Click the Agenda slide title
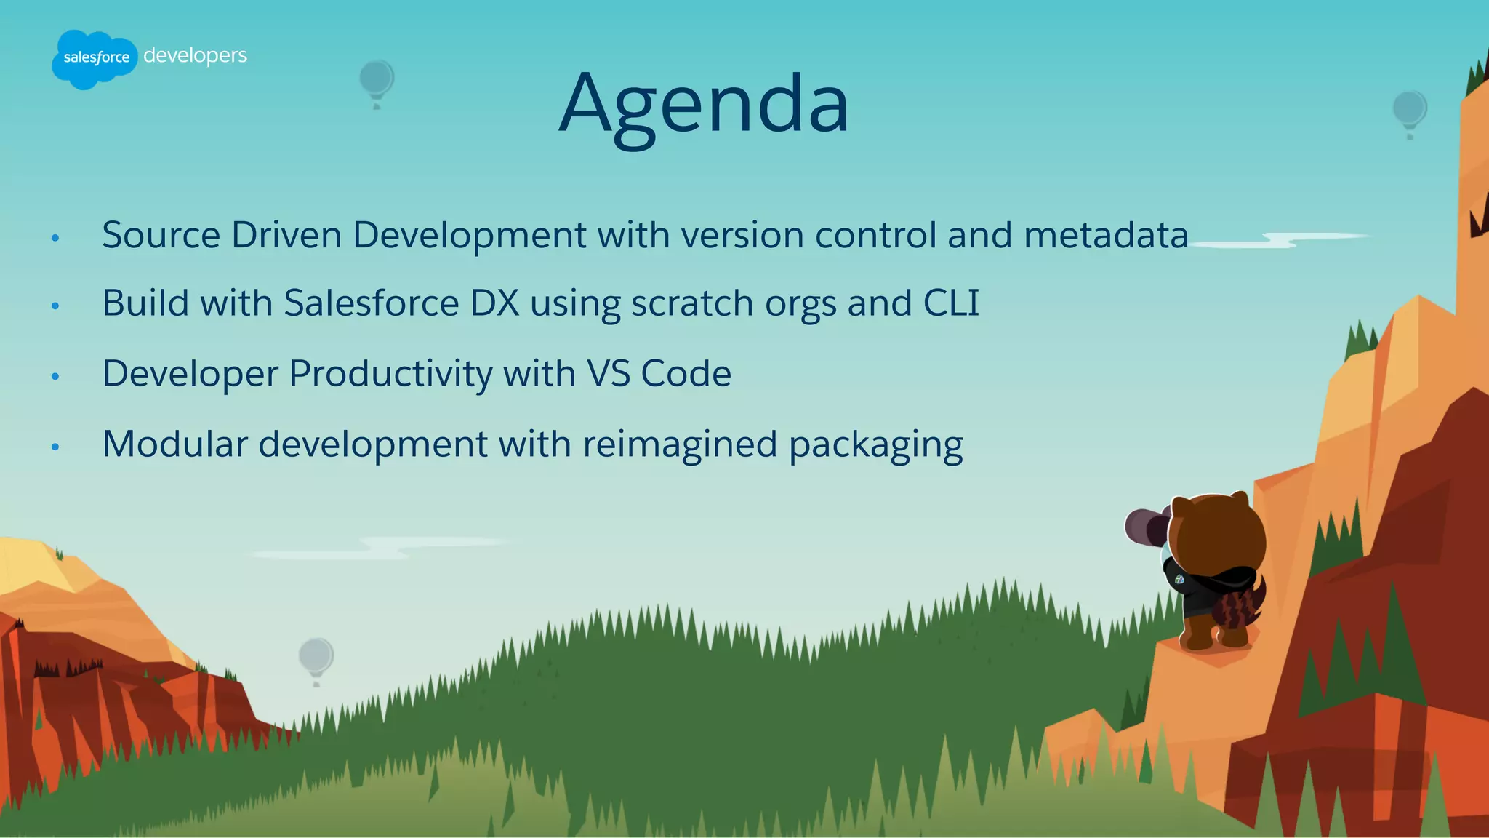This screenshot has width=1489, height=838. (x=704, y=103)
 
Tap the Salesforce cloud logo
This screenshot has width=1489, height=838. (x=95, y=58)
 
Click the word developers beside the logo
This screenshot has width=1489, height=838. (x=195, y=55)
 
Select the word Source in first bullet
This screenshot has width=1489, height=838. (x=161, y=235)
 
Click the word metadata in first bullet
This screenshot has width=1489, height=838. (x=1106, y=235)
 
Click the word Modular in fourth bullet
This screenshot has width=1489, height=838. (x=174, y=444)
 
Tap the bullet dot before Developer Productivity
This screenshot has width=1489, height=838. (x=55, y=376)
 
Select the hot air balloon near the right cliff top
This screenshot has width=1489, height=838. (x=1409, y=112)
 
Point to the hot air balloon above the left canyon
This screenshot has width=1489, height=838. (x=316, y=658)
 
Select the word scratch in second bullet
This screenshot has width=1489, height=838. (x=691, y=303)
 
